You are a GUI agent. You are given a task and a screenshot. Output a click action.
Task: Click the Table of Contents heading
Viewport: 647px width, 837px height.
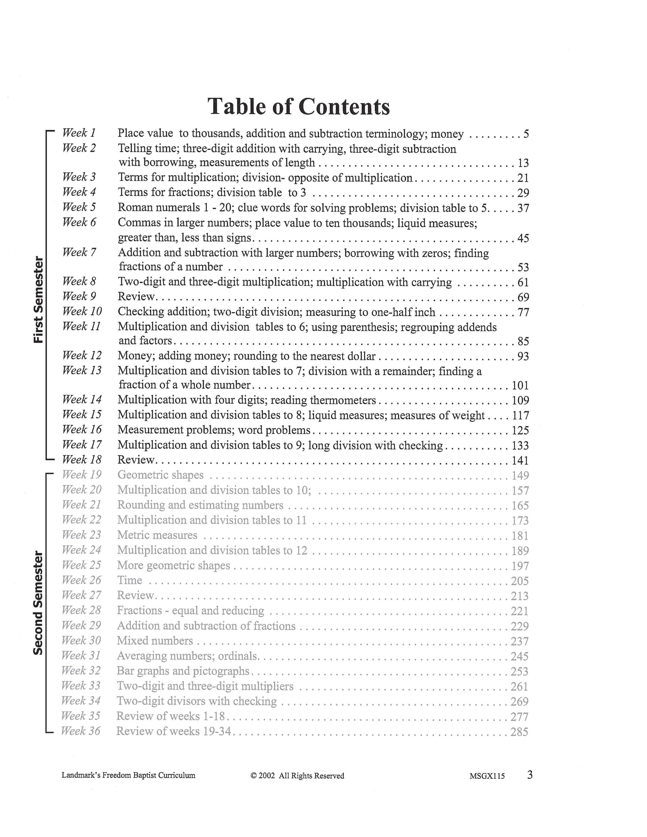pos(299,107)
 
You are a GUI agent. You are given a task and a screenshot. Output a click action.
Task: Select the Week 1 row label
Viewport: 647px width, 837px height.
pos(78,133)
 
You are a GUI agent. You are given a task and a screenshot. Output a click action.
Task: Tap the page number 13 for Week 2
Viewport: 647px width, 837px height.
pos(523,163)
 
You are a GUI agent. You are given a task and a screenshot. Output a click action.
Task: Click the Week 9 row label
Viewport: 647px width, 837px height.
pos(79,296)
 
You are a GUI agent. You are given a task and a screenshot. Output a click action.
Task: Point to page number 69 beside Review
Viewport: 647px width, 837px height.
pos(523,298)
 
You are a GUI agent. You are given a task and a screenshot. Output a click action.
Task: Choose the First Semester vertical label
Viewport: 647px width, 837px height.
pos(38,300)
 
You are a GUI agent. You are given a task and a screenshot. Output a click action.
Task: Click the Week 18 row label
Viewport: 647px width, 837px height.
pos(82,459)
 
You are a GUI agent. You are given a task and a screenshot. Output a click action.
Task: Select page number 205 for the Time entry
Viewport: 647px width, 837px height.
pos(520,581)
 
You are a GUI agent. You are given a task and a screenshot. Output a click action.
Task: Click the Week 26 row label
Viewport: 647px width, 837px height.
pos(81,580)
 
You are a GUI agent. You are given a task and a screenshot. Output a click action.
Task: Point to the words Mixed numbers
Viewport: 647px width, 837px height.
pos(155,641)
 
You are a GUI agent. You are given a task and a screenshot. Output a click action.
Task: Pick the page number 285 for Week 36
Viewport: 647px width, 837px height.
pos(519,732)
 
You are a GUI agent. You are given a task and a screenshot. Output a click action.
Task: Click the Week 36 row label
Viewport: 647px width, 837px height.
pos(80,731)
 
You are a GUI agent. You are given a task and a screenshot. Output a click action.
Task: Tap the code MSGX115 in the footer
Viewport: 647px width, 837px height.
pos(487,776)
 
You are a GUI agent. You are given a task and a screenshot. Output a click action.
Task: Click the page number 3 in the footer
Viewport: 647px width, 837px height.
pos(530,775)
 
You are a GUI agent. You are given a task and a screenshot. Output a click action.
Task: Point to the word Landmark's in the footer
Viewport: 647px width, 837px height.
pos(78,775)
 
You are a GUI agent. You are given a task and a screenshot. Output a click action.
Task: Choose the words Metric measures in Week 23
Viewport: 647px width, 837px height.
pos(157,535)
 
